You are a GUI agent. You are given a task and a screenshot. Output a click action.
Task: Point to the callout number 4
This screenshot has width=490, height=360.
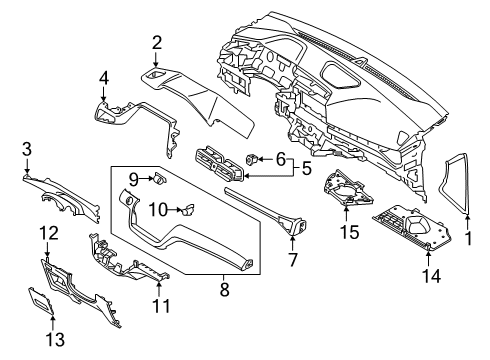click(103, 77)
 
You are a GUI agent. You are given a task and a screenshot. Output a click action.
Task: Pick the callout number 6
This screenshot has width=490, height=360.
click(281, 157)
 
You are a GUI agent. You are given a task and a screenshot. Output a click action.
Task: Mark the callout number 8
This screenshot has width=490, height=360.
click(224, 291)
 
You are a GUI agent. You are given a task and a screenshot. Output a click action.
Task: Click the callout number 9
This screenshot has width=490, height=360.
click(132, 178)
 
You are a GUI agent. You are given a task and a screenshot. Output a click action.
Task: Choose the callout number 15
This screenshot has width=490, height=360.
click(349, 232)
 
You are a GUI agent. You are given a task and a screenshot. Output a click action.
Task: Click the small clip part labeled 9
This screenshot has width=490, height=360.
click(159, 179)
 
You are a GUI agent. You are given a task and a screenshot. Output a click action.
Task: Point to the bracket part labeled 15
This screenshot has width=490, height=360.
click(345, 192)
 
